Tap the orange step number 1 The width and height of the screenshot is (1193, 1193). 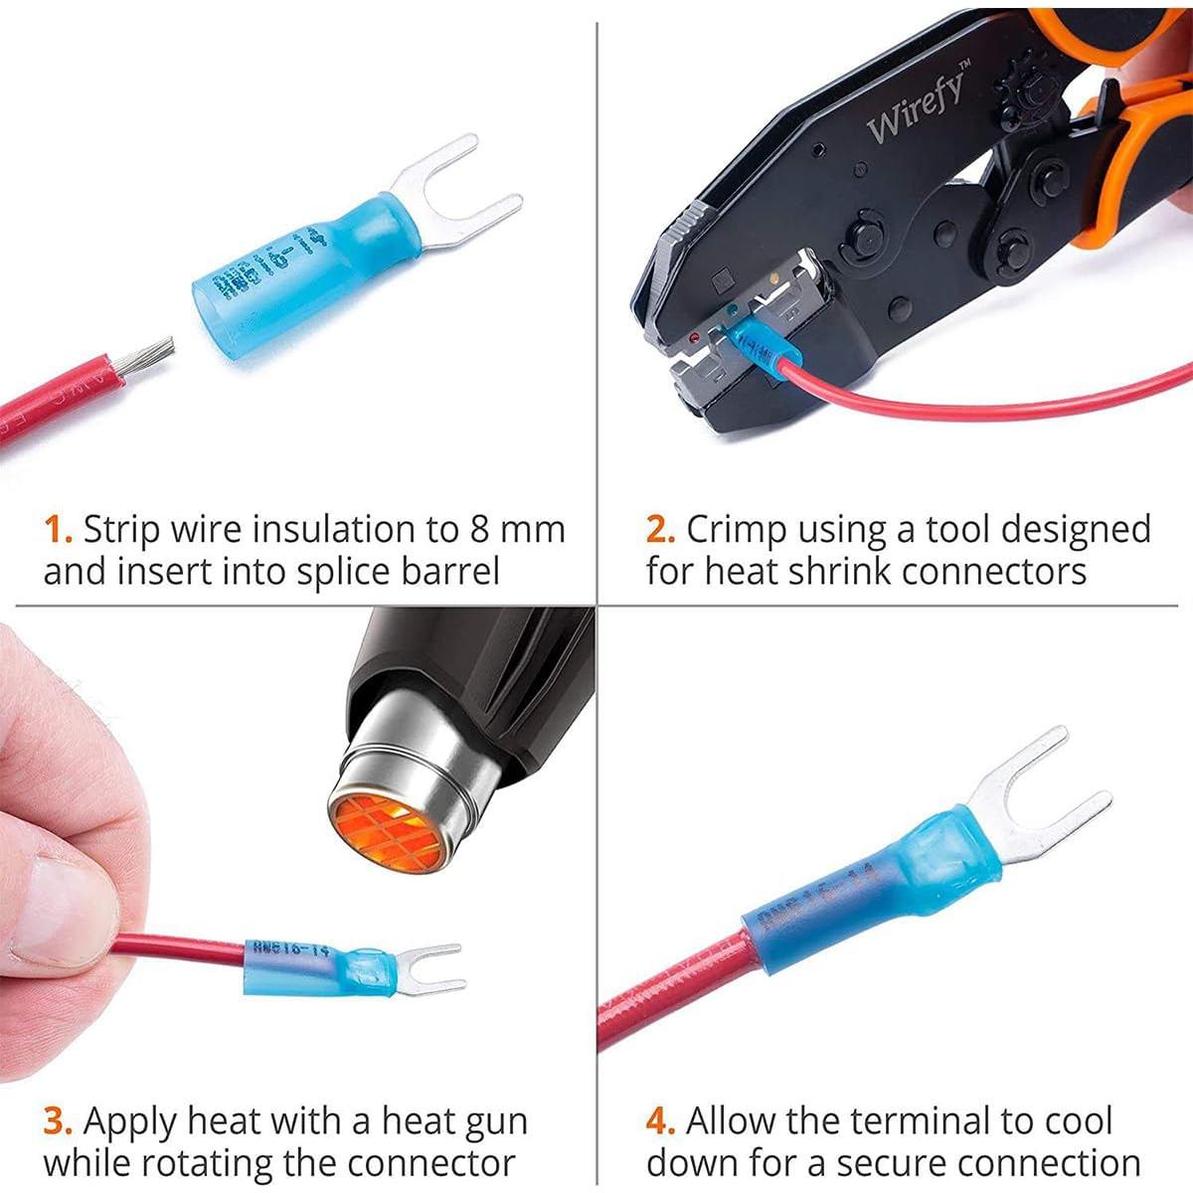click(x=58, y=529)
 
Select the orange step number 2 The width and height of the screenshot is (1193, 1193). click(x=660, y=529)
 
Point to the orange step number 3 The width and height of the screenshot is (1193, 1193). click(x=58, y=1121)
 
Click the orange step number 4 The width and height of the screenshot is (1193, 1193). click(x=660, y=1121)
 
